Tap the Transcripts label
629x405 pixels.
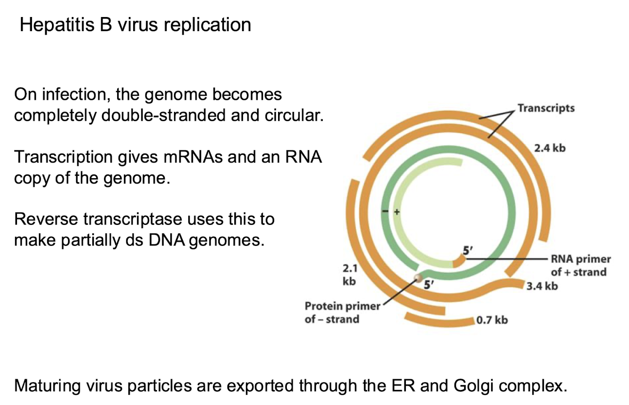click(x=546, y=108)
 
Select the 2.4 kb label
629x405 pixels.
click(x=550, y=147)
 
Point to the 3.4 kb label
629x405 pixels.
click(x=542, y=286)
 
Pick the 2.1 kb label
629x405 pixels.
click(x=349, y=275)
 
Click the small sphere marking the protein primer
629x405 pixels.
click(x=417, y=278)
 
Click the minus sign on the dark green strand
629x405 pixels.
click(x=385, y=212)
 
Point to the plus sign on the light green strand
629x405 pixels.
click(x=396, y=212)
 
